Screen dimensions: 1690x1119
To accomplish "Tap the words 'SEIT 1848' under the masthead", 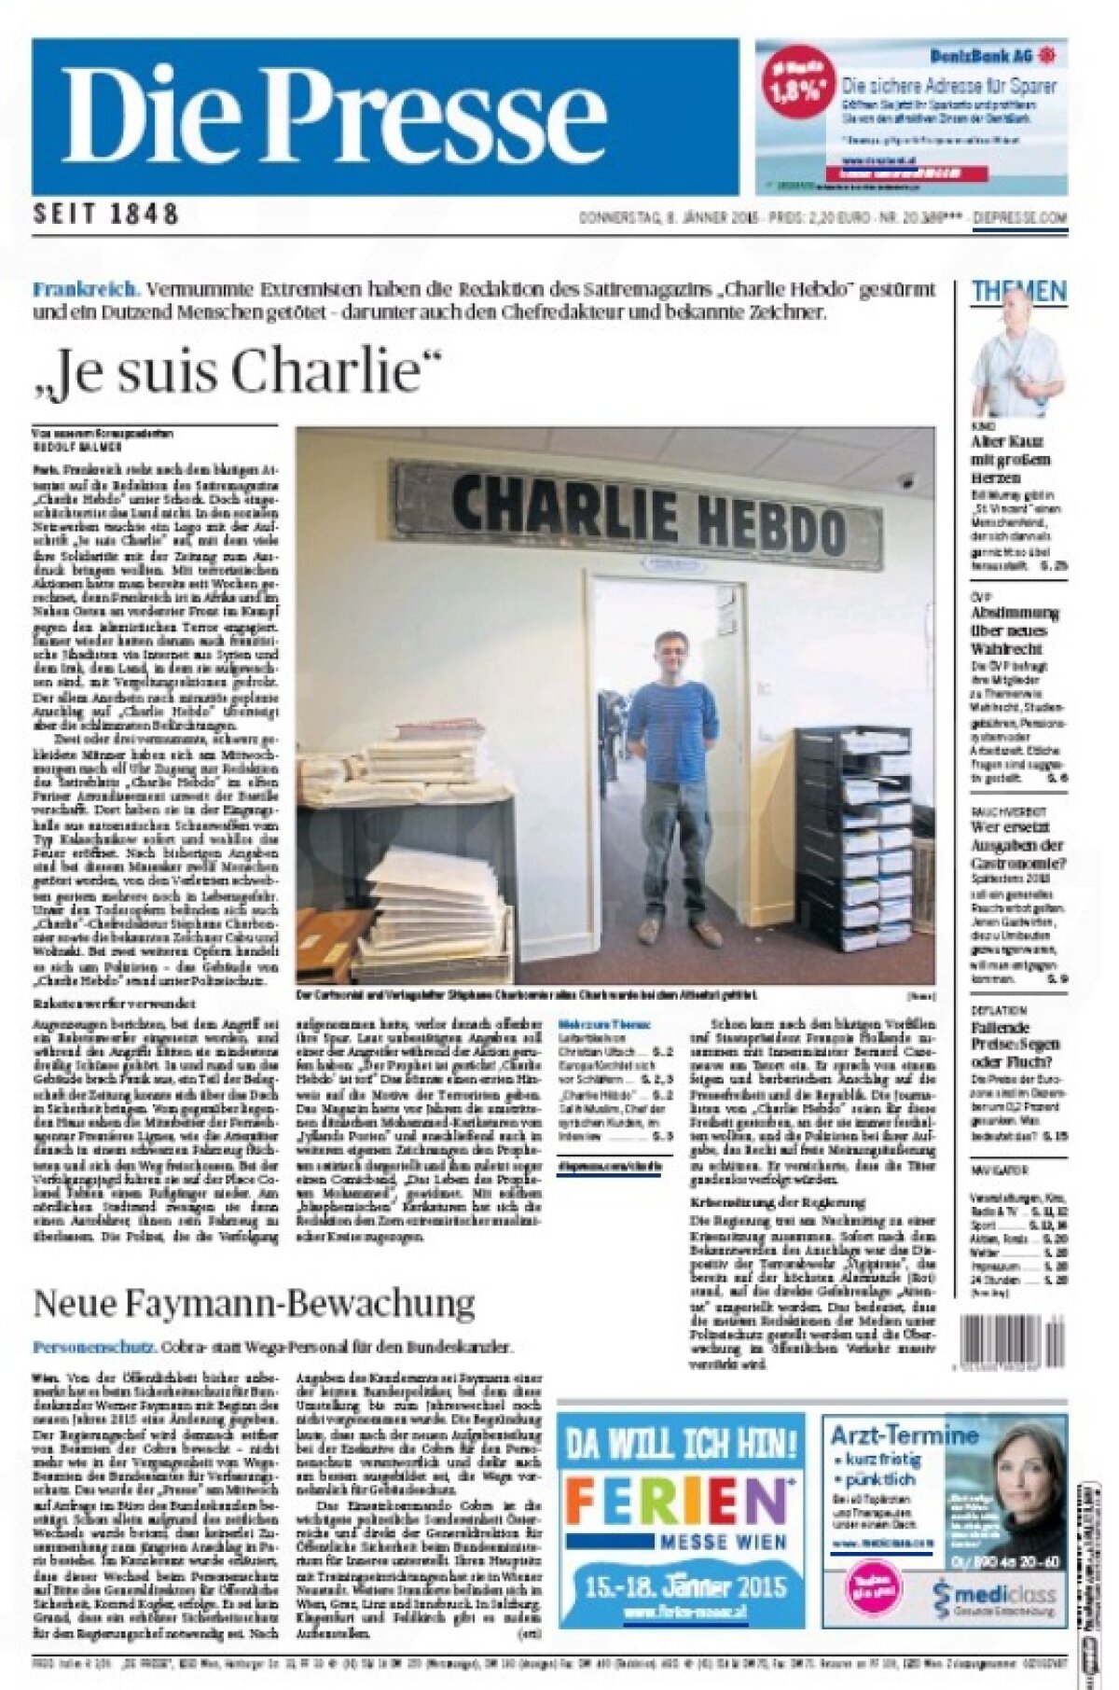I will (x=105, y=214).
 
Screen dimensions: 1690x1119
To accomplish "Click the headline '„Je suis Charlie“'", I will (x=235, y=370).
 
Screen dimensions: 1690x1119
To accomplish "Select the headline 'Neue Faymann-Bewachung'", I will (x=254, y=1302).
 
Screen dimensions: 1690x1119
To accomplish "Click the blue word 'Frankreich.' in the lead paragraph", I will (x=86, y=289).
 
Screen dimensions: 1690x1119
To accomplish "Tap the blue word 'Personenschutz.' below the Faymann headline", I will (x=93, y=1347).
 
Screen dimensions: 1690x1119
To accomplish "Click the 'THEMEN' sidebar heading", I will (x=1018, y=291).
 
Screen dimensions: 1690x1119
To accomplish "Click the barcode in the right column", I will (x=1011, y=1342).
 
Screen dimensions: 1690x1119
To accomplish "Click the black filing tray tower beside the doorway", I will (x=852, y=838).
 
